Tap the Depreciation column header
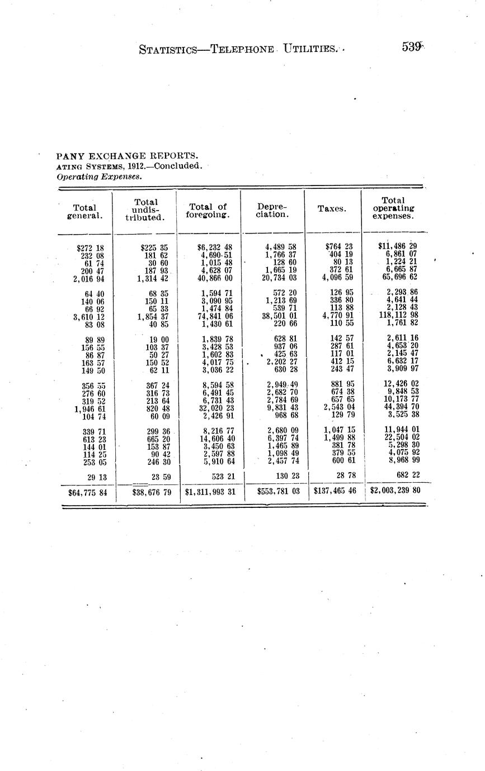click(x=272, y=210)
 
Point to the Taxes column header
click(x=332, y=208)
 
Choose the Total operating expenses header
click(x=397, y=208)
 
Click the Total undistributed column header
click(x=145, y=210)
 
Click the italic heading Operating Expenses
click(x=98, y=176)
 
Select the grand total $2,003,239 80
click(x=395, y=491)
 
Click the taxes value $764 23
click(x=338, y=246)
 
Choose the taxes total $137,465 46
click(x=335, y=491)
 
